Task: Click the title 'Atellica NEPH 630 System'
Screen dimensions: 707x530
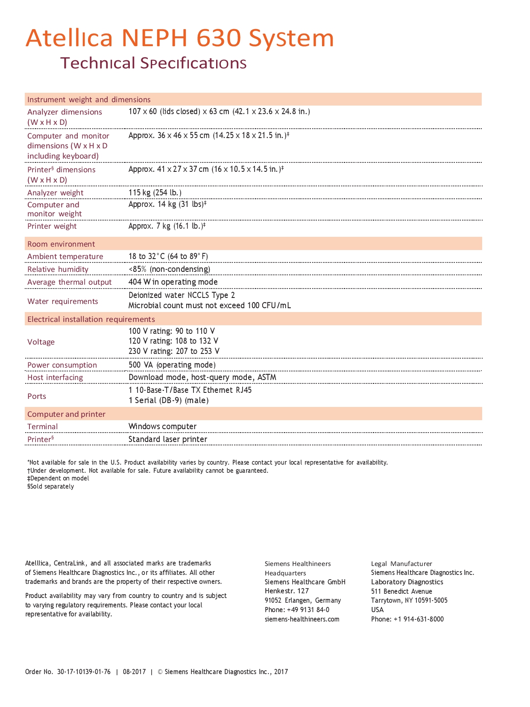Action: pyautogui.click(x=179, y=38)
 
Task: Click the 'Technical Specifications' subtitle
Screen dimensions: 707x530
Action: pyautogui.click(x=153, y=63)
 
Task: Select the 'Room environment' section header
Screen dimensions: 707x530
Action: pyautogui.click(x=61, y=244)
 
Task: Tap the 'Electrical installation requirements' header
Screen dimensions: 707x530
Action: pyautogui.click(x=91, y=319)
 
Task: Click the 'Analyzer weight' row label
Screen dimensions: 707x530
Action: pyautogui.click(x=56, y=193)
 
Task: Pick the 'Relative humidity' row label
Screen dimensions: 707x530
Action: pyautogui.click(x=58, y=269)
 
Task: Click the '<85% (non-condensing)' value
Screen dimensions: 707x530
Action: pyautogui.click(x=169, y=269)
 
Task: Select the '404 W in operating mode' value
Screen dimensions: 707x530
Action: pyautogui.click(x=173, y=282)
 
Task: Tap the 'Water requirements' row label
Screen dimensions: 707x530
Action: pyautogui.click(x=63, y=301)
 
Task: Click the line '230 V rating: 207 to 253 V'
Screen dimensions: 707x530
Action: pyautogui.click(x=174, y=351)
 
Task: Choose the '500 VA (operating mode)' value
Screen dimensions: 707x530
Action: pyautogui.click(x=172, y=365)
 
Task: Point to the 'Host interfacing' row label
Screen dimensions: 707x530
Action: pyautogui.click(x=55, y=377)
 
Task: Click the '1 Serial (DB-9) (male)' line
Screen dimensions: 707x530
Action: pyautogui.click(x=168, y=401)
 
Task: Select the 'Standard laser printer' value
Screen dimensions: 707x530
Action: pyautogui.click(x=168, y=439)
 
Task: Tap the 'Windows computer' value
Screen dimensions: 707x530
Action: pyautogui.click(x=162, y=427)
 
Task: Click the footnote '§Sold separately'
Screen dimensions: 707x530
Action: pyautogui.click(x=50, y=486)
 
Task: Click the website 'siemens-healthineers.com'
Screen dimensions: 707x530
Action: pyautogui.click(x=302, y=619)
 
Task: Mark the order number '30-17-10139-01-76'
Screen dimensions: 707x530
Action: pyautogui.click(x=84, y=672)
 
